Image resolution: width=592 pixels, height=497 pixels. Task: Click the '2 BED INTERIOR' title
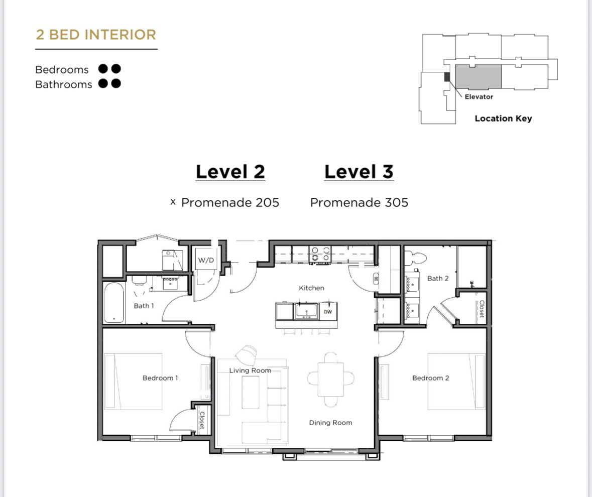[x=96, y=35]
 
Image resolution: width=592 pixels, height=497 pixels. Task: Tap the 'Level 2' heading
[x=230, y=172]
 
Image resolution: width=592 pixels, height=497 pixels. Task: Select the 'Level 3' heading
[x=359, y=172]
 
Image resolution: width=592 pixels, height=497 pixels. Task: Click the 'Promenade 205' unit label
[x=230, y=202]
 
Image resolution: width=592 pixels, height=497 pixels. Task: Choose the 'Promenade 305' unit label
[x=359, y=202]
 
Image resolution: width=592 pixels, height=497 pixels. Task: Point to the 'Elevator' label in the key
[x=479, y=96]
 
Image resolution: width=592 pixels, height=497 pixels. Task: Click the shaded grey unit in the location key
[x=478, y=78]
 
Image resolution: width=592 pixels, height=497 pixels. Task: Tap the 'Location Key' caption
[x=503, y=118]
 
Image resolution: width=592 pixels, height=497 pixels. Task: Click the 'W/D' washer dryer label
[x=206, y=260]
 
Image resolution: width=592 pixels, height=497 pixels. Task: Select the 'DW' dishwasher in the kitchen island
[x=328, y=312]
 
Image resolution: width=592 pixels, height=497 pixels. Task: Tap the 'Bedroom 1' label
[x=160, y=378]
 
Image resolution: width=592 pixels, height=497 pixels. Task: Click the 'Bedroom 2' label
[x=430, y=378]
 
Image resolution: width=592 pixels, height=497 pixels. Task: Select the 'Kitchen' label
[x=311, y=288]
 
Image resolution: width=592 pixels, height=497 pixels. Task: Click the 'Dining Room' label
[x=330, y=423]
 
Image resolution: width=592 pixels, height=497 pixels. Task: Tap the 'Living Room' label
[x=250, y=370]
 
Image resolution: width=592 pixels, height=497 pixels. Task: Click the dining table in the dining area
[x=331, y=378]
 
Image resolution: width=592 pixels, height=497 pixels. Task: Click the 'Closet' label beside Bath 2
[x=481, y=309]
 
